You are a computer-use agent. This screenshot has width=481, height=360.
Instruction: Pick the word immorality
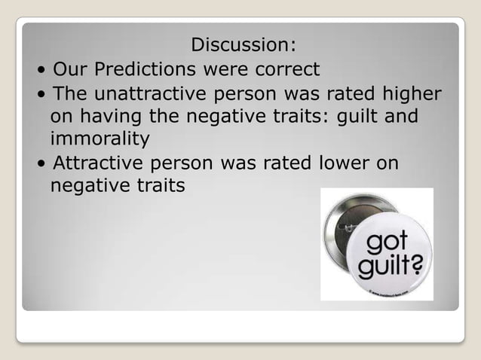tap(100, 140)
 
